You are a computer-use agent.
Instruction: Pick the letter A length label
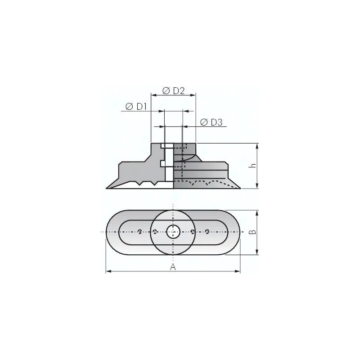(173, 267)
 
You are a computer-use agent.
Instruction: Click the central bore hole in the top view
(173, 232)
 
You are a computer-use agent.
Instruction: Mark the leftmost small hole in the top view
(140, 232)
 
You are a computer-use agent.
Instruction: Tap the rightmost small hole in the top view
(207, 232)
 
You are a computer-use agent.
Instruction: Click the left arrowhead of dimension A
(108, 271)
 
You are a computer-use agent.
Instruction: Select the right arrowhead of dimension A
(238, 271)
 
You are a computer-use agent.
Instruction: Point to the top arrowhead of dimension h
(257, 146)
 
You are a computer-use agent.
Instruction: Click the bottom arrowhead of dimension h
(257, 186)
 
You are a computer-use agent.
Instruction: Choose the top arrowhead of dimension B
(257, 212)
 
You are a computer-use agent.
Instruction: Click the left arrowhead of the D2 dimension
(153, 95)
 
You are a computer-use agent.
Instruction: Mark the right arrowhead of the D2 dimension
(194, 95)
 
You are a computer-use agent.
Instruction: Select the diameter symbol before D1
(130, 107)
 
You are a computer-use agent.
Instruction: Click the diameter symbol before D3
(204, 122)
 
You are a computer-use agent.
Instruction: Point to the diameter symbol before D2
(166, 91)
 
